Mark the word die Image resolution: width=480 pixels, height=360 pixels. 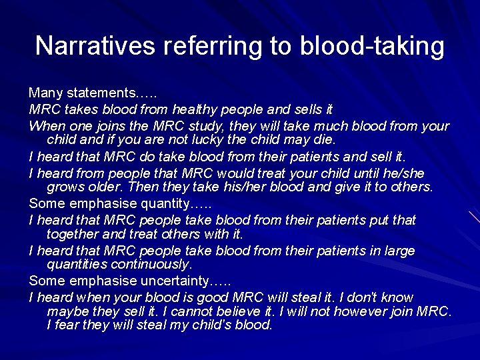322,141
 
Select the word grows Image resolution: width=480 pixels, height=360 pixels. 65,187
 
